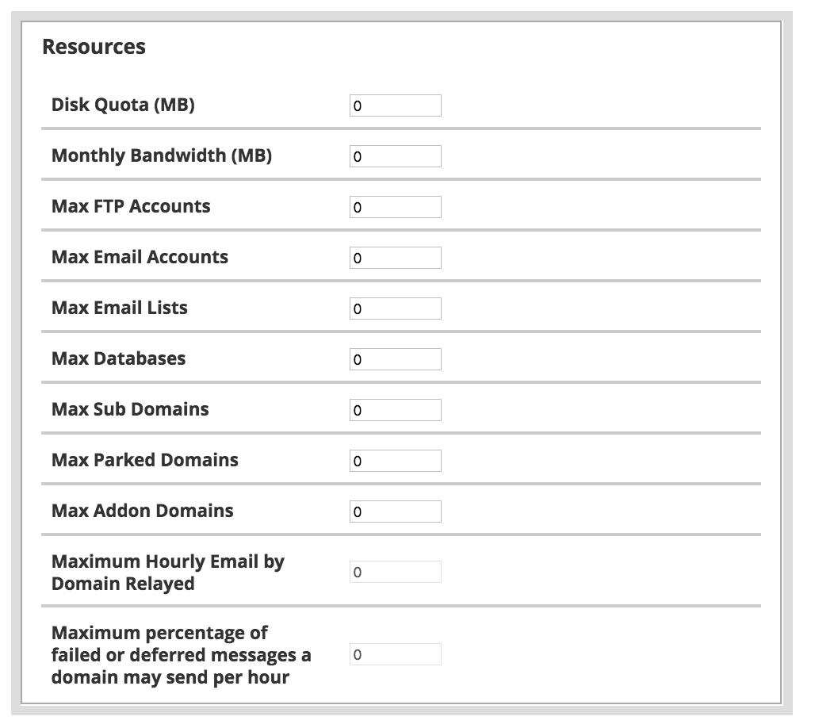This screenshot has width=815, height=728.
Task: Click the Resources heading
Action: (x=94, y=47)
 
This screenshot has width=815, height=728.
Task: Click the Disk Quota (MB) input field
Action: (x=395, y=105)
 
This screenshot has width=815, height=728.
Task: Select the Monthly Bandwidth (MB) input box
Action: (x=395, y=156)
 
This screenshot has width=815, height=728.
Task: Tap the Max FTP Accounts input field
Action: (x=395, y=207)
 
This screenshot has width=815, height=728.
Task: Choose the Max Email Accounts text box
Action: (x=395, y=258)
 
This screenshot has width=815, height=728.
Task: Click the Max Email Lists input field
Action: (x=395, y=308)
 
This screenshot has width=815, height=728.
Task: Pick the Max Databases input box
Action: (x=395, y=359)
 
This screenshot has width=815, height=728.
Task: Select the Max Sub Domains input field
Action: (x=395, y=410)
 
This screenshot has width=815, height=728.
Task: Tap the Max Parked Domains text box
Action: (x=395, y=461)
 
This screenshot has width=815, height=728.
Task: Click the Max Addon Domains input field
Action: (x=395, y=512)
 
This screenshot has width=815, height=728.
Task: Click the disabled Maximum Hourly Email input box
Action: (x=395, y=572)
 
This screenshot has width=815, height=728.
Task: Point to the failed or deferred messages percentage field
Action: (x=395, y=654)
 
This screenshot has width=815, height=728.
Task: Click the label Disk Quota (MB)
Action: (x=123, y=105)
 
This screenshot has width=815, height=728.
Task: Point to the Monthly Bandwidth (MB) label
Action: (x=162, y=155)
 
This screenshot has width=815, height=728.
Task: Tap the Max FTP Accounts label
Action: (x=131, y=206)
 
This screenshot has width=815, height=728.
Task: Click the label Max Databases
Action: (x=118, y=358)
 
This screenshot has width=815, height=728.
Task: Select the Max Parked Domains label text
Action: (x=144, y=460)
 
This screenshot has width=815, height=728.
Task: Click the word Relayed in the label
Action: (x=162, y=584)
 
